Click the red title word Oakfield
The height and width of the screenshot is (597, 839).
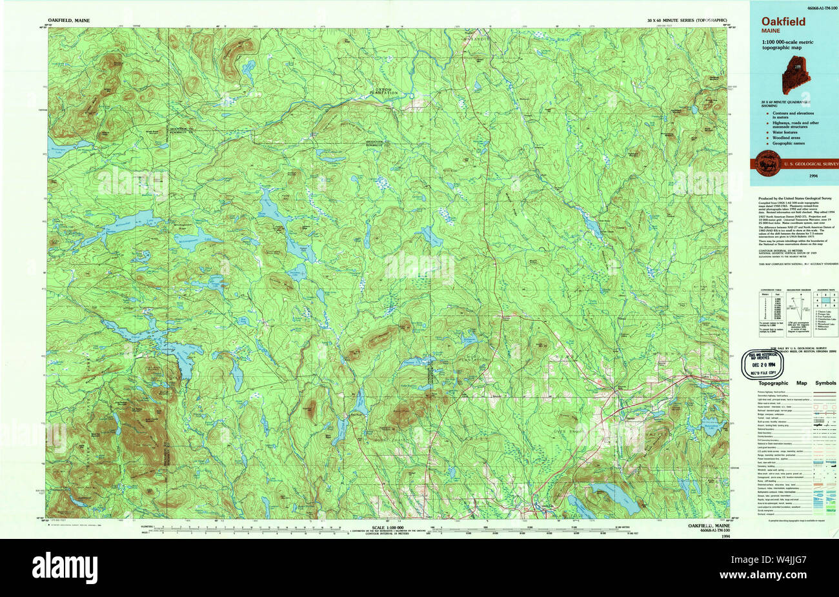(783, 21)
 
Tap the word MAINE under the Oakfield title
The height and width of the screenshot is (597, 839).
(770, 31)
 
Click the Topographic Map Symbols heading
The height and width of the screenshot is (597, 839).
(794, 383)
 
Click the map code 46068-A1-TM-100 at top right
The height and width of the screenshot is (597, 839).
(817, 7)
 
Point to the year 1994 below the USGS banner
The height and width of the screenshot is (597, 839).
(813, 176)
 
